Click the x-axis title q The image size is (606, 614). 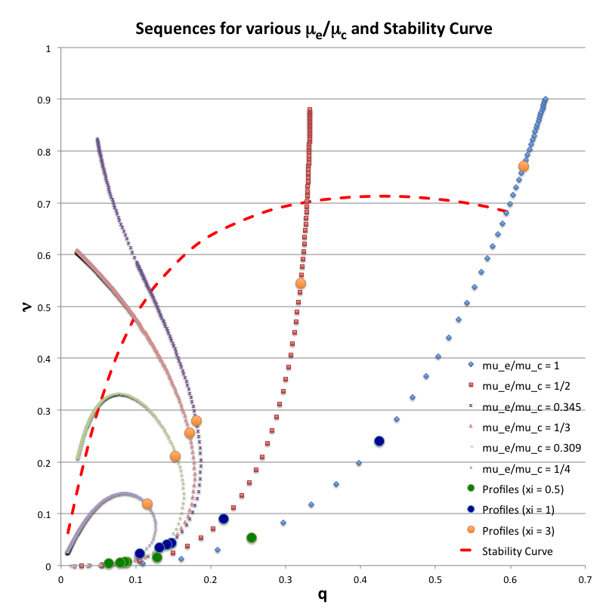tap(322, 595)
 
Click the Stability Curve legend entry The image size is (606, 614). tap(518, 551)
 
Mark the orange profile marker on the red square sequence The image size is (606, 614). tap(301, 283)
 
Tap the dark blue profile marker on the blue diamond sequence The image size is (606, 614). tap(379, 441)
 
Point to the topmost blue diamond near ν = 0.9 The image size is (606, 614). tap(545, 99)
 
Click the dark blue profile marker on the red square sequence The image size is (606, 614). tap(224, 519)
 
